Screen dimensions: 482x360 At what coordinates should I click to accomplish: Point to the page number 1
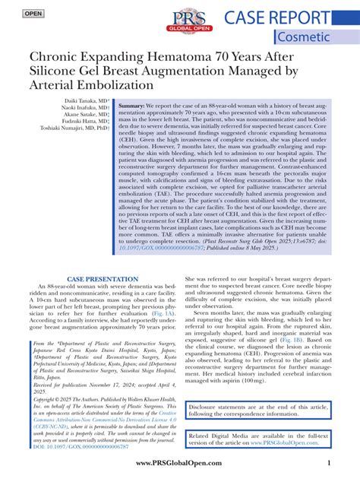(328, 463)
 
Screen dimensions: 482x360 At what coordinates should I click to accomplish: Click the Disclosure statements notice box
(259, 410)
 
